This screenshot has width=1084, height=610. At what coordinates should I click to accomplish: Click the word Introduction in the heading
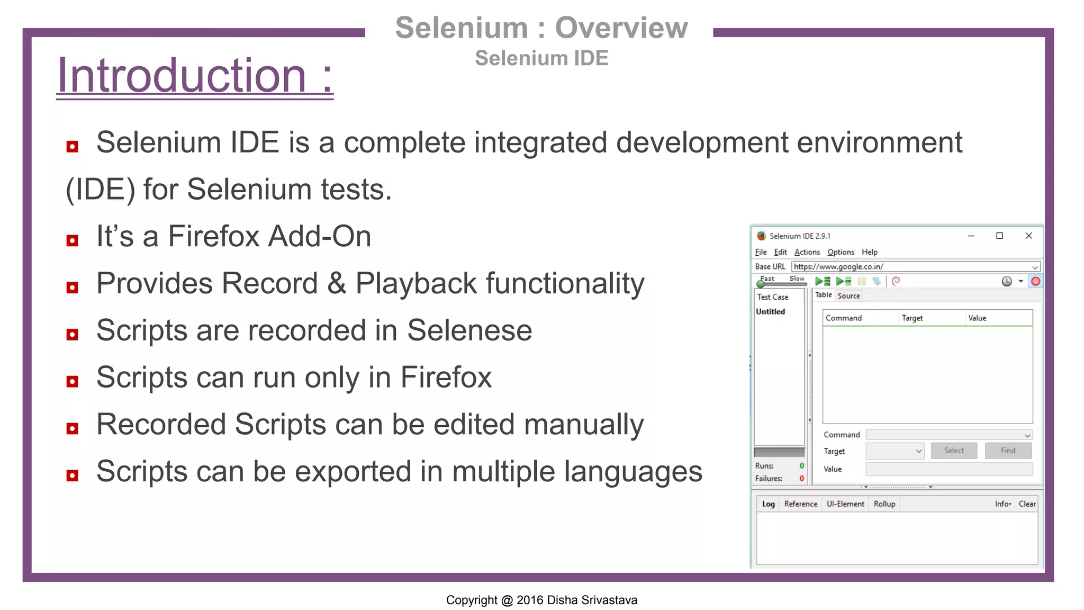click(182, 76)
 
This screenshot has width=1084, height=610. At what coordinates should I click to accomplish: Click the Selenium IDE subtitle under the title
click(541, 58)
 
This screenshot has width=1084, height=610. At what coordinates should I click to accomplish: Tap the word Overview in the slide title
click(621, 28)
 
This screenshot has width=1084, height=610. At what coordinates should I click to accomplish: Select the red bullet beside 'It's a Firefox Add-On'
click(73, 240)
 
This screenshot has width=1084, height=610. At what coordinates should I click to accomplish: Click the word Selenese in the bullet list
click(469, 330)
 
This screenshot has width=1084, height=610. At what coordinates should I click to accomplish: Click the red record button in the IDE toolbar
click(1035, 281)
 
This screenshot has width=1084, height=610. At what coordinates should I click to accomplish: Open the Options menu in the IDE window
click(841, 252)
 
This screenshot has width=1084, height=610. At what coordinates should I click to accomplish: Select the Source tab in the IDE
click(848, 296)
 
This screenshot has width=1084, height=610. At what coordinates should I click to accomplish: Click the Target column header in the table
click(912, 318)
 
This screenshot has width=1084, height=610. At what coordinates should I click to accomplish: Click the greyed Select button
click(954, 451)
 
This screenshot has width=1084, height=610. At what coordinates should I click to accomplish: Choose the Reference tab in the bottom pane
click(800, 504)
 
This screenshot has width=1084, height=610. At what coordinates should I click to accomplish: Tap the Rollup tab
click(884, 504)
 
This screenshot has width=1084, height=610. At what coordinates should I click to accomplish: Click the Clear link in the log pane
click(1027, 504)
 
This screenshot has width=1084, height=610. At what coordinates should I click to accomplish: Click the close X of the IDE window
click(1028, 236)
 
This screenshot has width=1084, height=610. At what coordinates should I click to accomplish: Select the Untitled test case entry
click(770, 311)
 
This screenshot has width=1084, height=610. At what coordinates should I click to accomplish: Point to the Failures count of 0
click(801, 478)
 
